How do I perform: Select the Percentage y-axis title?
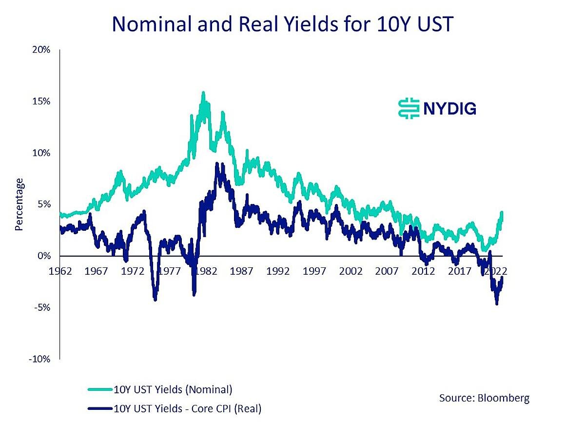(x=19, y=204)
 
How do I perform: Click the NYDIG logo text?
(x=449, y=108)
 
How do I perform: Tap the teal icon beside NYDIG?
(x=409, y=108)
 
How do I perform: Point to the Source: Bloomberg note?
(x=484, y=398)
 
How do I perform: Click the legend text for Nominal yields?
(x=173, y=389)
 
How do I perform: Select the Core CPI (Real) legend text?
(x=187, y=409)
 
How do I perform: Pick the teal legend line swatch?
(x=100, y=389)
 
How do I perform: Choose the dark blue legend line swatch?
(x=100, y=409)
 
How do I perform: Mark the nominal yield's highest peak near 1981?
(x=203, y=93)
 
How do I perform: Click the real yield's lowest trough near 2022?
(x=497, y=303)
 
